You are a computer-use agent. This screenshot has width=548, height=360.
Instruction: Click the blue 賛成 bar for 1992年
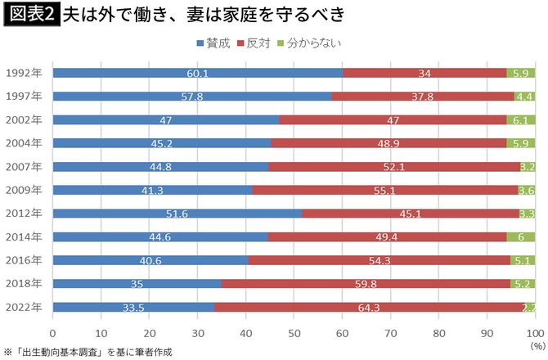coord(197,73)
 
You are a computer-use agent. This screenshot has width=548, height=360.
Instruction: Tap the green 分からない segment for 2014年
coord(521,237)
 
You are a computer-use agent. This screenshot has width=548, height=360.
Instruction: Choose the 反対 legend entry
coord(255,43)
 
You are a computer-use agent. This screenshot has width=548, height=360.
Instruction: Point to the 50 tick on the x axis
coord(294,334)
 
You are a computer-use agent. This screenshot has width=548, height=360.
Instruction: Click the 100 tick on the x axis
coord(534,334)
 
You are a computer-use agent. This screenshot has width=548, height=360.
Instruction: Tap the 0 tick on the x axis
coord(53,334)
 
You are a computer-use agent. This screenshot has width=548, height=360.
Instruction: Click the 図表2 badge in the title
coord(30,16)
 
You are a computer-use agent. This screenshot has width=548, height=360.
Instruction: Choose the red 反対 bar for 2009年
coord(385,190)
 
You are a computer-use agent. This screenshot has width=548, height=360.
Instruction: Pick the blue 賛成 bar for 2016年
coord(150,260)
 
